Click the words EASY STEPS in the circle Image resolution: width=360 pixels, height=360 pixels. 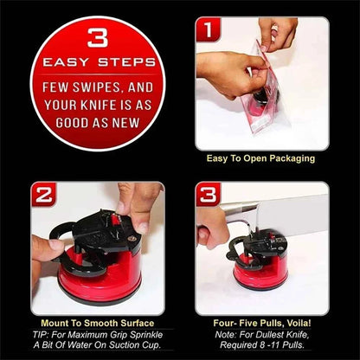[98, 63]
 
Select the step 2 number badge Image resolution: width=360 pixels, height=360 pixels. [43, 195]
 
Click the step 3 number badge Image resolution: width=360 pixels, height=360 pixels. [208, 195]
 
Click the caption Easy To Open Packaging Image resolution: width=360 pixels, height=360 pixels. [260, 158]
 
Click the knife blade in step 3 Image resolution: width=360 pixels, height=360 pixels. [286, 210]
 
